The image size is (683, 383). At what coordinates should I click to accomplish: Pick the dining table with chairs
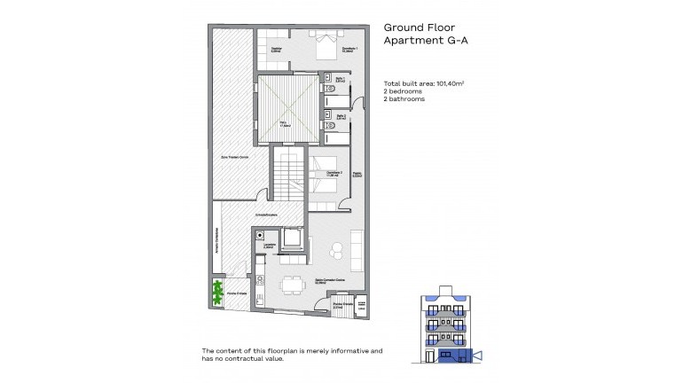[289, 285]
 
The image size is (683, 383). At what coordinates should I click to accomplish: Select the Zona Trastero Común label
[235, 156]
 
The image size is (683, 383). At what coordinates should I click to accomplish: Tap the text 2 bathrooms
[404, 99]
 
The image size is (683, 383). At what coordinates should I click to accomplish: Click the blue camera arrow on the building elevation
[479, 356]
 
